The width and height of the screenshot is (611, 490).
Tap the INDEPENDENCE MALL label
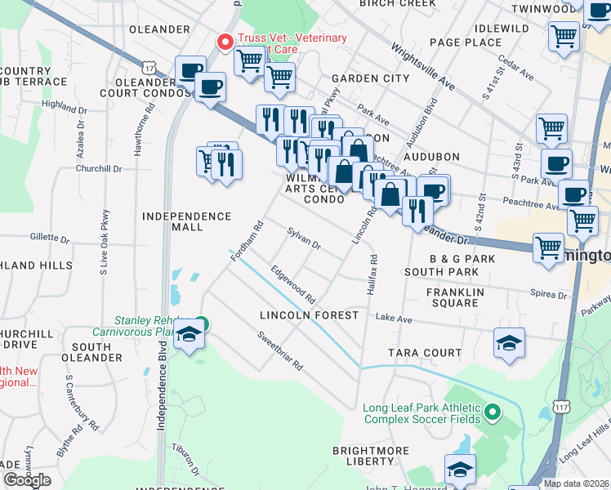[187, 221]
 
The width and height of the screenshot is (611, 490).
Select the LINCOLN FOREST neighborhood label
[309, 315]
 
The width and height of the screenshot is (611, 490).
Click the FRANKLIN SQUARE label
[455, 297]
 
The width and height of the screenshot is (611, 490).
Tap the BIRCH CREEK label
[398, 3]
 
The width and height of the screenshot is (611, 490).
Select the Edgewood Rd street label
[293, 282]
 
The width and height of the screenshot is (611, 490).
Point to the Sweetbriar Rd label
[279, 349]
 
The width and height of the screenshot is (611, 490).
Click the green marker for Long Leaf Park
[492, 412]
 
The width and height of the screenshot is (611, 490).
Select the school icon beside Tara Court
[509, 343]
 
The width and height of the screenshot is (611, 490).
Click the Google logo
[27, 480]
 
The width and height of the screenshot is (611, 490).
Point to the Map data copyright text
[577, 483]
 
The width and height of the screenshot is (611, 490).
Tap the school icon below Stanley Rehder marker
[190, 336]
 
